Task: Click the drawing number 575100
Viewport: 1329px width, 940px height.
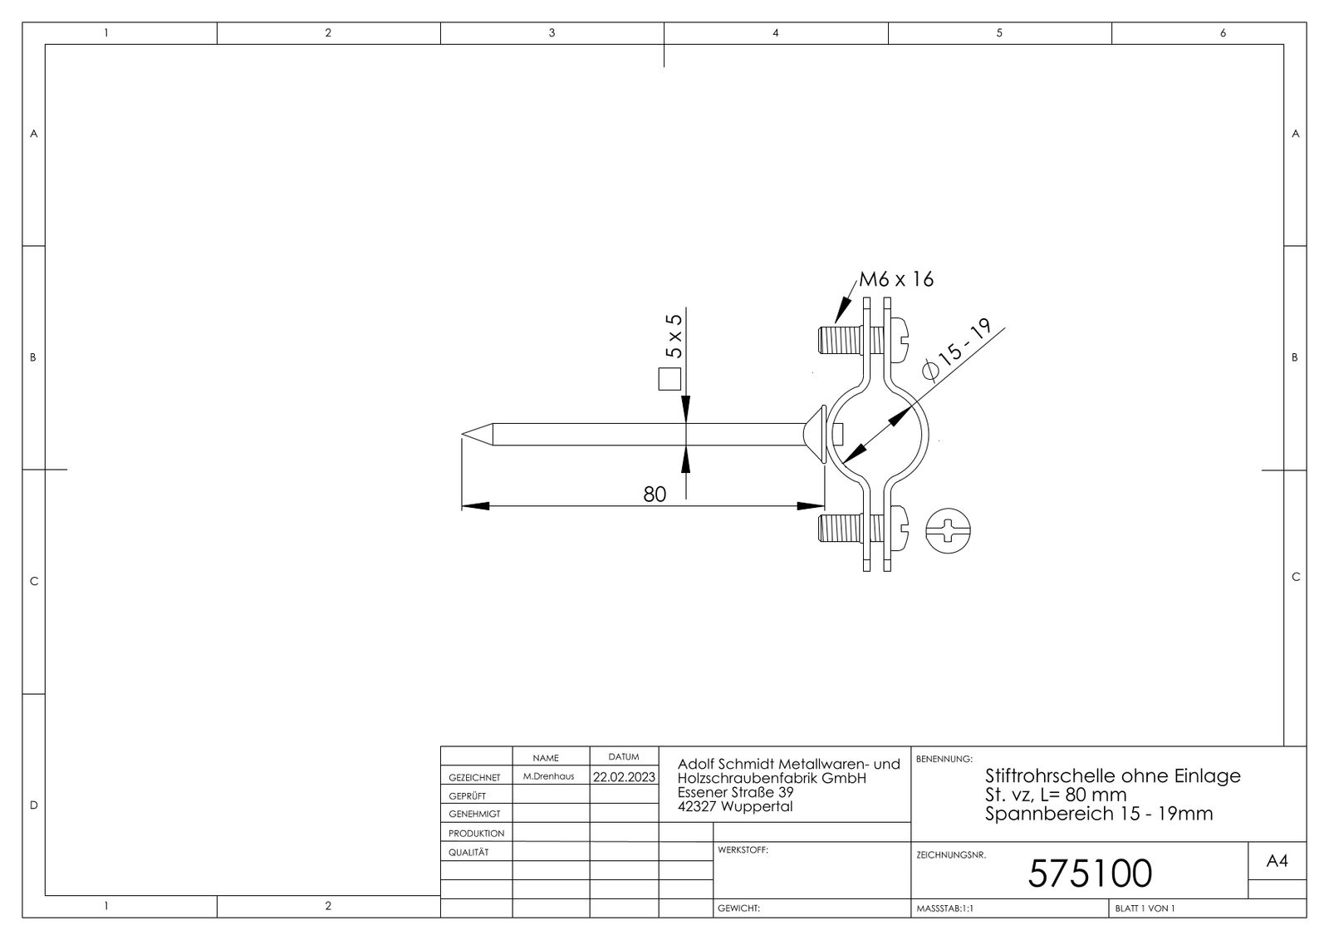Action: [1090, 874]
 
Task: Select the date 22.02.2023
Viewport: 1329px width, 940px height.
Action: [623, 777]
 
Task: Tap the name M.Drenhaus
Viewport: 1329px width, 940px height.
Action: [548, 776]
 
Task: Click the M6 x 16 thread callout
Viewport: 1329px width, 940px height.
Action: [896, 279]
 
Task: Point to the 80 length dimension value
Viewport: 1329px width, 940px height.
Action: [655, 495]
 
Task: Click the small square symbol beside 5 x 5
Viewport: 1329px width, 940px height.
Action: [669, 380]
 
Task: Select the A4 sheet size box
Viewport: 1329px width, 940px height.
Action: [1277, 863]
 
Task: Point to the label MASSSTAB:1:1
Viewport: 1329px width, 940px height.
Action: [944, 909]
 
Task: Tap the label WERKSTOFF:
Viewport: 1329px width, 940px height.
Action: [742, 851]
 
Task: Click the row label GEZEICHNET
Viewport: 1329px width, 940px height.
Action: [474, 778]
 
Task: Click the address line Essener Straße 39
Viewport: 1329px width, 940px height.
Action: [735, 793]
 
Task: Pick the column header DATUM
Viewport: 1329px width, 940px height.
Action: [623, 757]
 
